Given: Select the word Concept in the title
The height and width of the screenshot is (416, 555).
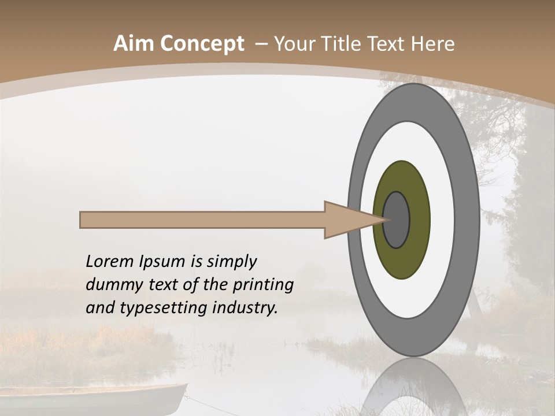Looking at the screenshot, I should (x=202, y=44).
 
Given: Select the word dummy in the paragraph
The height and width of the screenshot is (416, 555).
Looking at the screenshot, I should (x=111, y=285).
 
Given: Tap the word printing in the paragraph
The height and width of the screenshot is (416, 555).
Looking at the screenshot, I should (x=261, y=285).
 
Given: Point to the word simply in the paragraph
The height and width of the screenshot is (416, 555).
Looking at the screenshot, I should (x=231, y=262).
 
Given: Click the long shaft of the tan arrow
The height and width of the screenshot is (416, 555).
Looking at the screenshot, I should (x=202, y=220).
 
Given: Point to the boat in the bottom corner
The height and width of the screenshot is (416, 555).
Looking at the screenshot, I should (x=92, y=399).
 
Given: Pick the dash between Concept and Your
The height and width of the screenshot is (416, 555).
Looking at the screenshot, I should (x=261, y=44).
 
